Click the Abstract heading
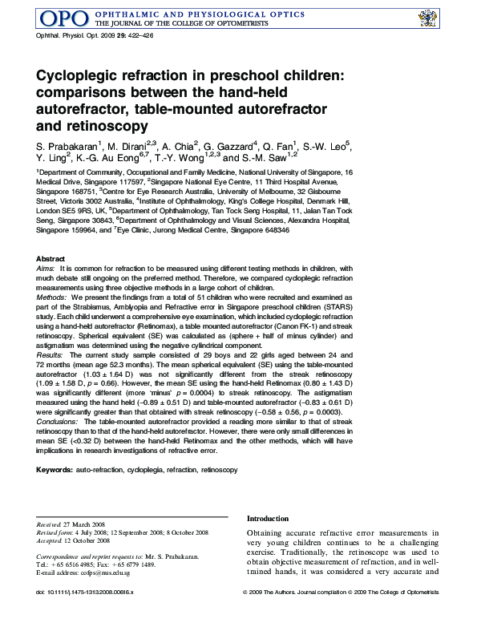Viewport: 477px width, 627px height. point(51,258)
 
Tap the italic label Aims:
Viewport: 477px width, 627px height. point(46,269)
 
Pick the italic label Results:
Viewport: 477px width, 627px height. point(51,354)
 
